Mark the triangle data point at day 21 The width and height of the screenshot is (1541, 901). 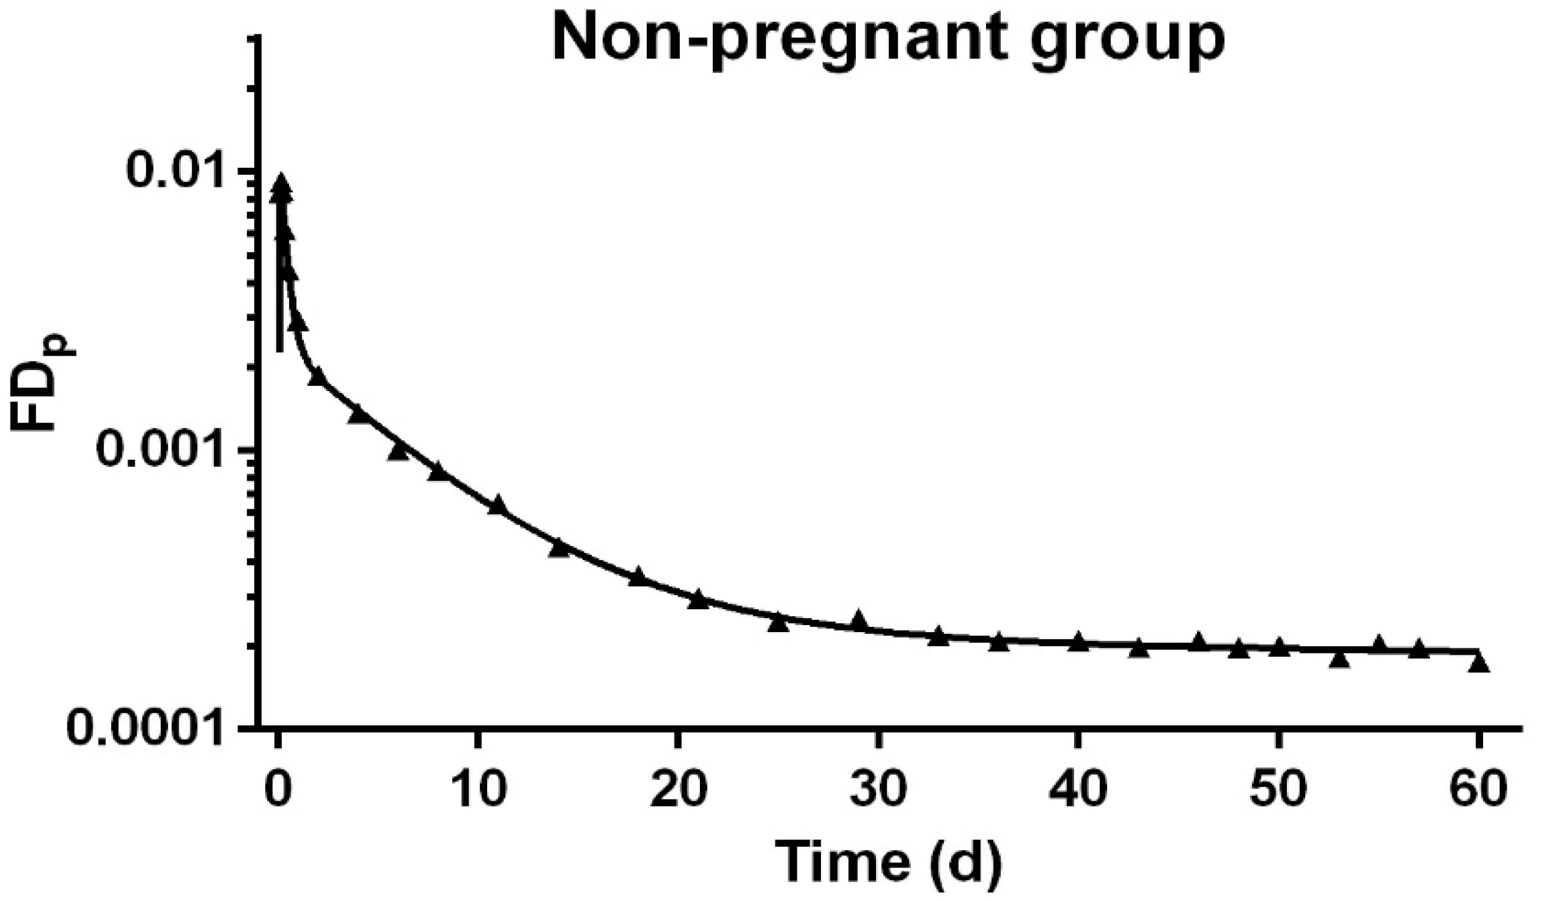(x=698, y=600)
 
